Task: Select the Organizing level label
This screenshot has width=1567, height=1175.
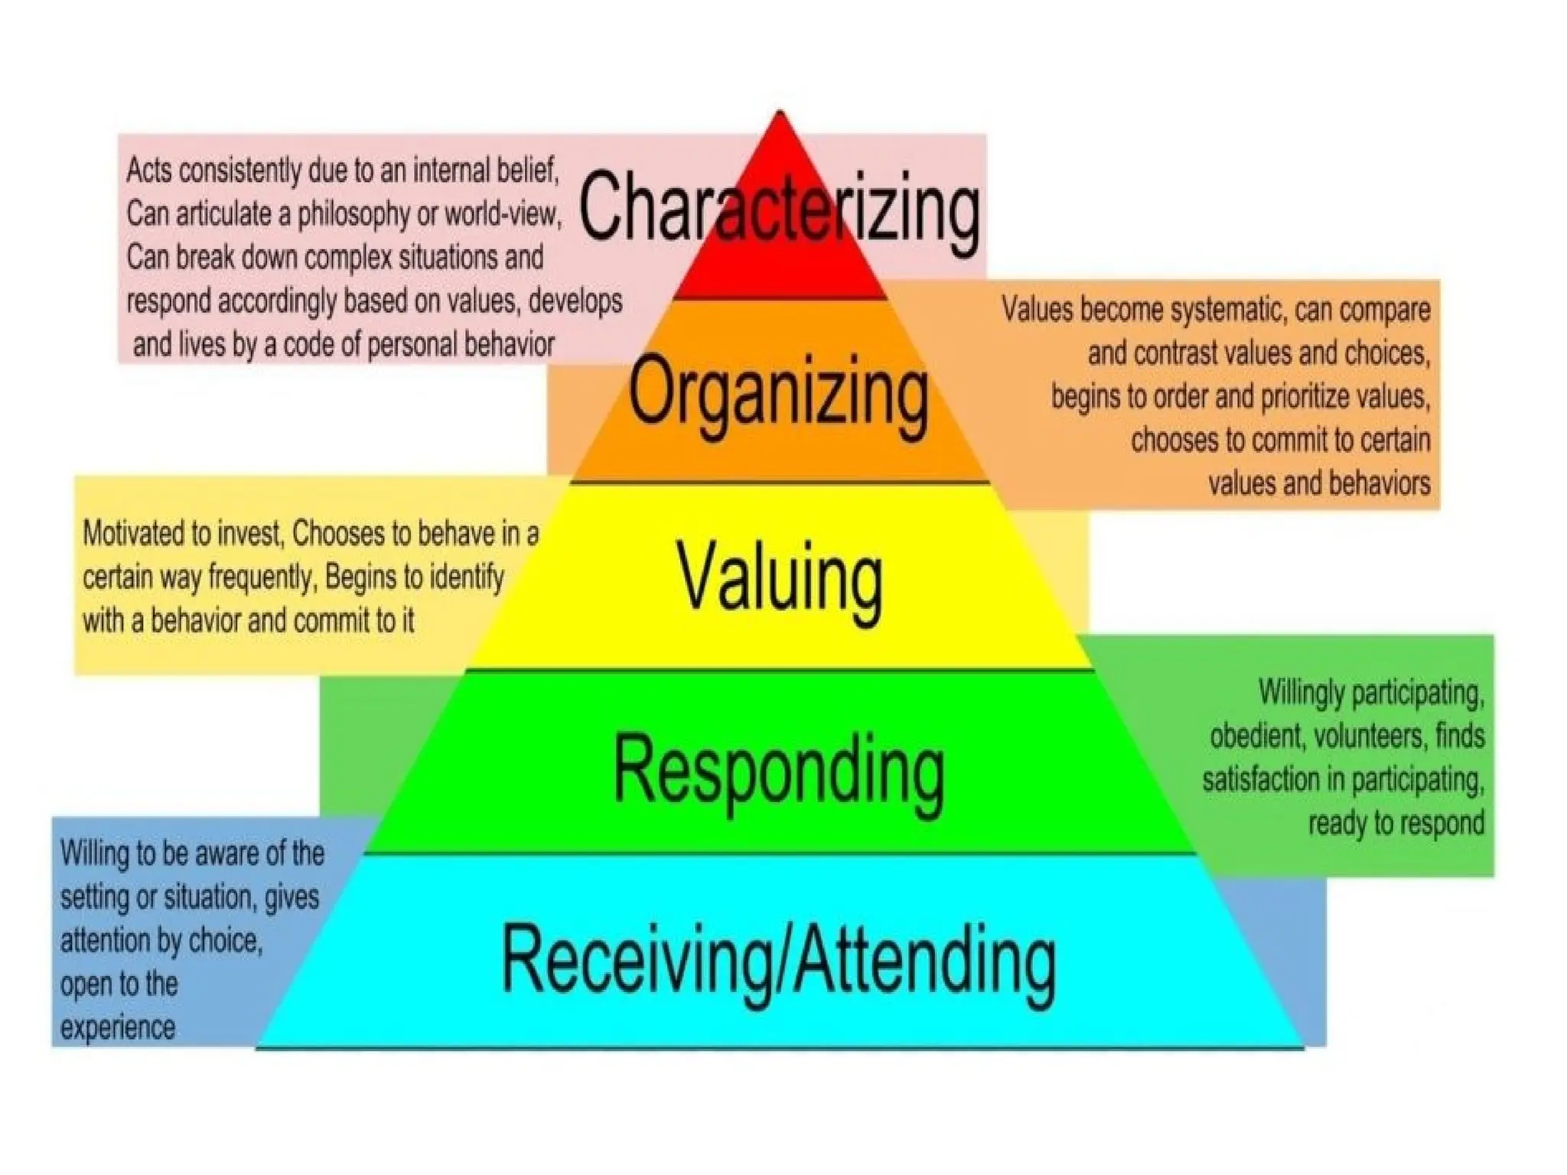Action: point(779,393)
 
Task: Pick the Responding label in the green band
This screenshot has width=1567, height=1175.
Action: point(779,770)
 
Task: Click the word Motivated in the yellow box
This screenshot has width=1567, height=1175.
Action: point(145,533)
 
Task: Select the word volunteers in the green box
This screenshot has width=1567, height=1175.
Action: point(1370,736)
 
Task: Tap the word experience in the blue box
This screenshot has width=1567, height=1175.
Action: point(118,1027)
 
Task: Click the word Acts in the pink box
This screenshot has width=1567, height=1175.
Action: point(145,170)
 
